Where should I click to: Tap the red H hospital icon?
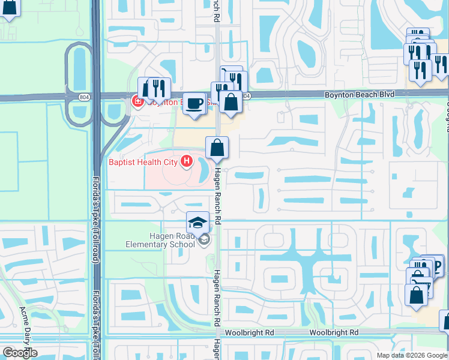point(187,161)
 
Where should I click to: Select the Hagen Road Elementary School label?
point(160,240)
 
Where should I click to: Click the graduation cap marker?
point(197,224)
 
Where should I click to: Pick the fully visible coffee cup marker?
point(194,103)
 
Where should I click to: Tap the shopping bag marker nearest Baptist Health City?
point(217,148)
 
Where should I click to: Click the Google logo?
point(20,353)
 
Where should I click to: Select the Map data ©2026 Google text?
point(412,355)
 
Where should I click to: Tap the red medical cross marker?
point(136,101)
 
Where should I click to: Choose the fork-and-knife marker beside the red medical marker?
point(158,88)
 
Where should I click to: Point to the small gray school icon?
point(204,239)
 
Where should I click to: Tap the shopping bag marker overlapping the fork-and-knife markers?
point(231,101)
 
